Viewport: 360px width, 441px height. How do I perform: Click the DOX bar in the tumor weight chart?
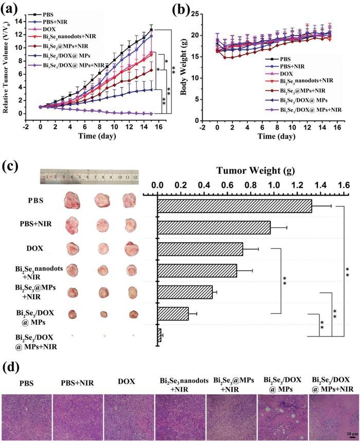pos(200,249)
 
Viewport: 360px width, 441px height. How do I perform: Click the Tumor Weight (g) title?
pos(252,171)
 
